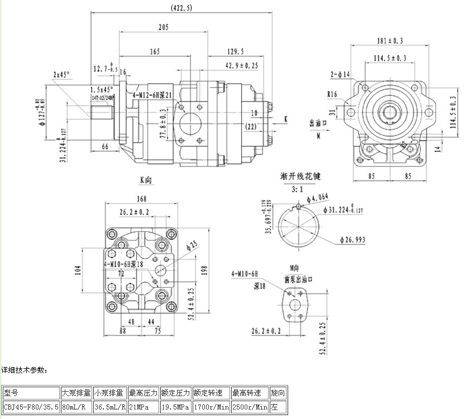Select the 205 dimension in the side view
[x=163, y=27]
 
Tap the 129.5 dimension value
[x=236, y=52]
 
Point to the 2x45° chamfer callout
[x=62, y=74]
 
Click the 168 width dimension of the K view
[x=141, y=199]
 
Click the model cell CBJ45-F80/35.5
[x=31, y=407]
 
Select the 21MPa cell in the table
[x=144, y=407]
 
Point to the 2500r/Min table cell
[x=250, y=407]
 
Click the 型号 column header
[x=11, y=392]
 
